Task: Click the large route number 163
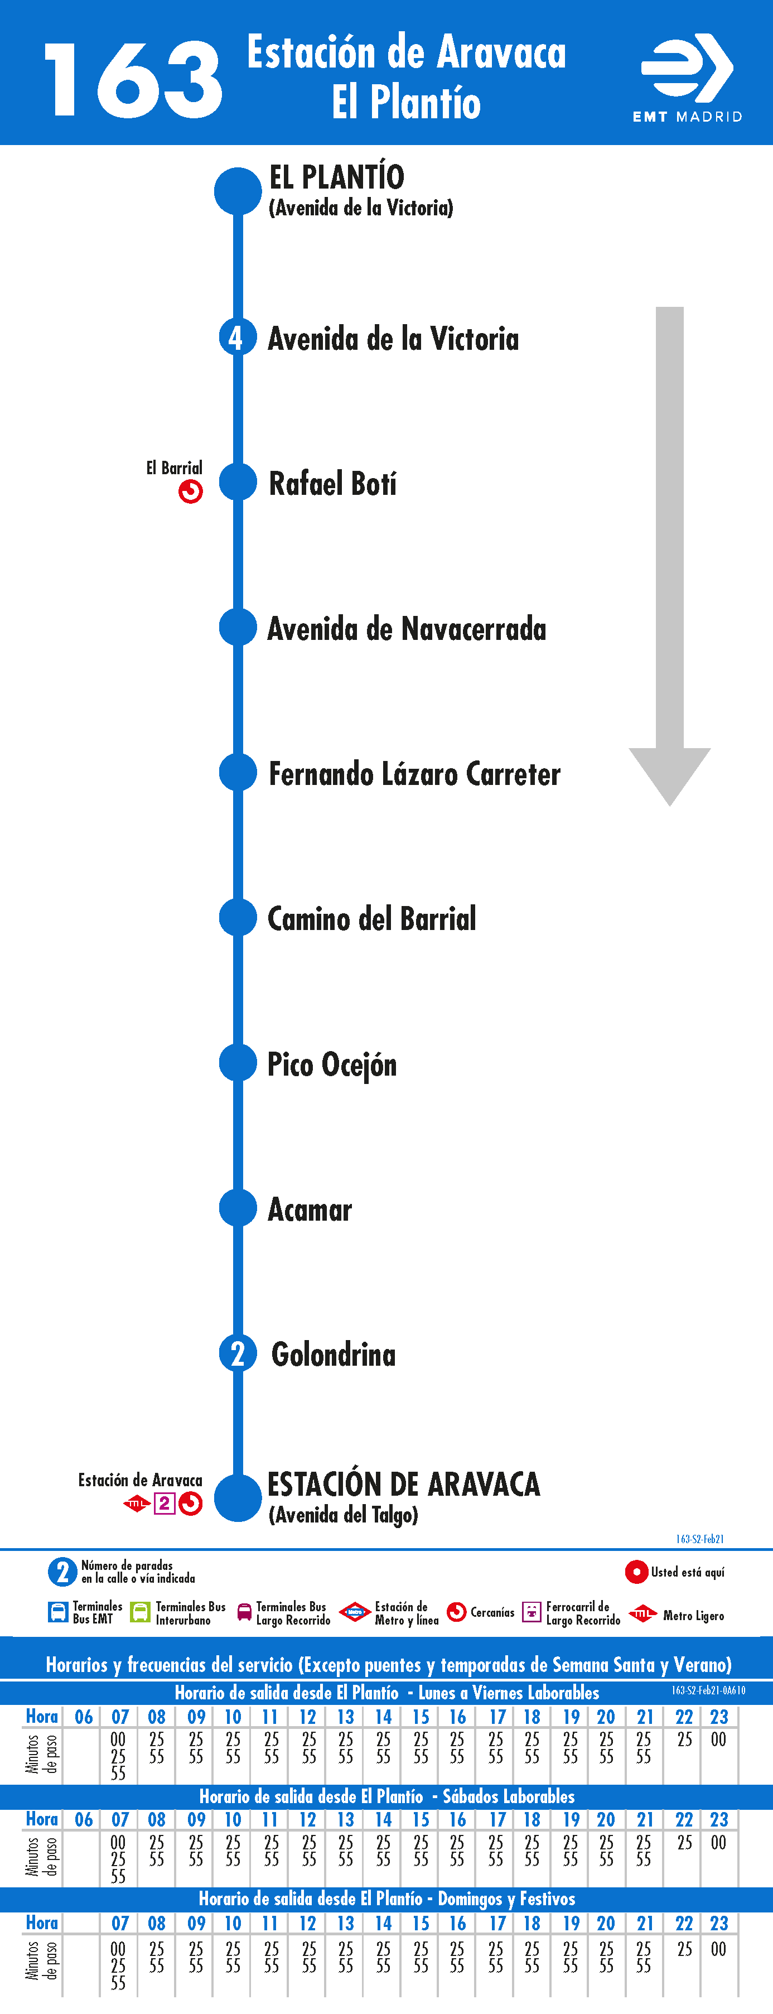coord(133,80)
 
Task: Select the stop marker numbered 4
coord(238,338)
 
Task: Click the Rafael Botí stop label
coord(332,483)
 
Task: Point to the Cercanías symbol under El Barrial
coord(191,492)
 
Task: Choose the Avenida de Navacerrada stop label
coord(407,629)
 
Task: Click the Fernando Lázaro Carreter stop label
coord(414,774)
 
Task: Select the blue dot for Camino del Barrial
coord(238,918)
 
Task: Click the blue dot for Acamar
coord(238,1208)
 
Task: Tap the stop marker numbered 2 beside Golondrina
coord(238,1353)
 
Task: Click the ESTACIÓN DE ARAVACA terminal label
coord(403,1484)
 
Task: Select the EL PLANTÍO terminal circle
coord(238,190)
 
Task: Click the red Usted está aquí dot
coord(636,1572)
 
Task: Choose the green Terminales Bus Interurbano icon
coord(140,1612)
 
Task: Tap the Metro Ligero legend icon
coord(642,1613)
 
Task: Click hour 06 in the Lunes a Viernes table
coord(84,1717)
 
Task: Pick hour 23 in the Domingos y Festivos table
coord(718,1923)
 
